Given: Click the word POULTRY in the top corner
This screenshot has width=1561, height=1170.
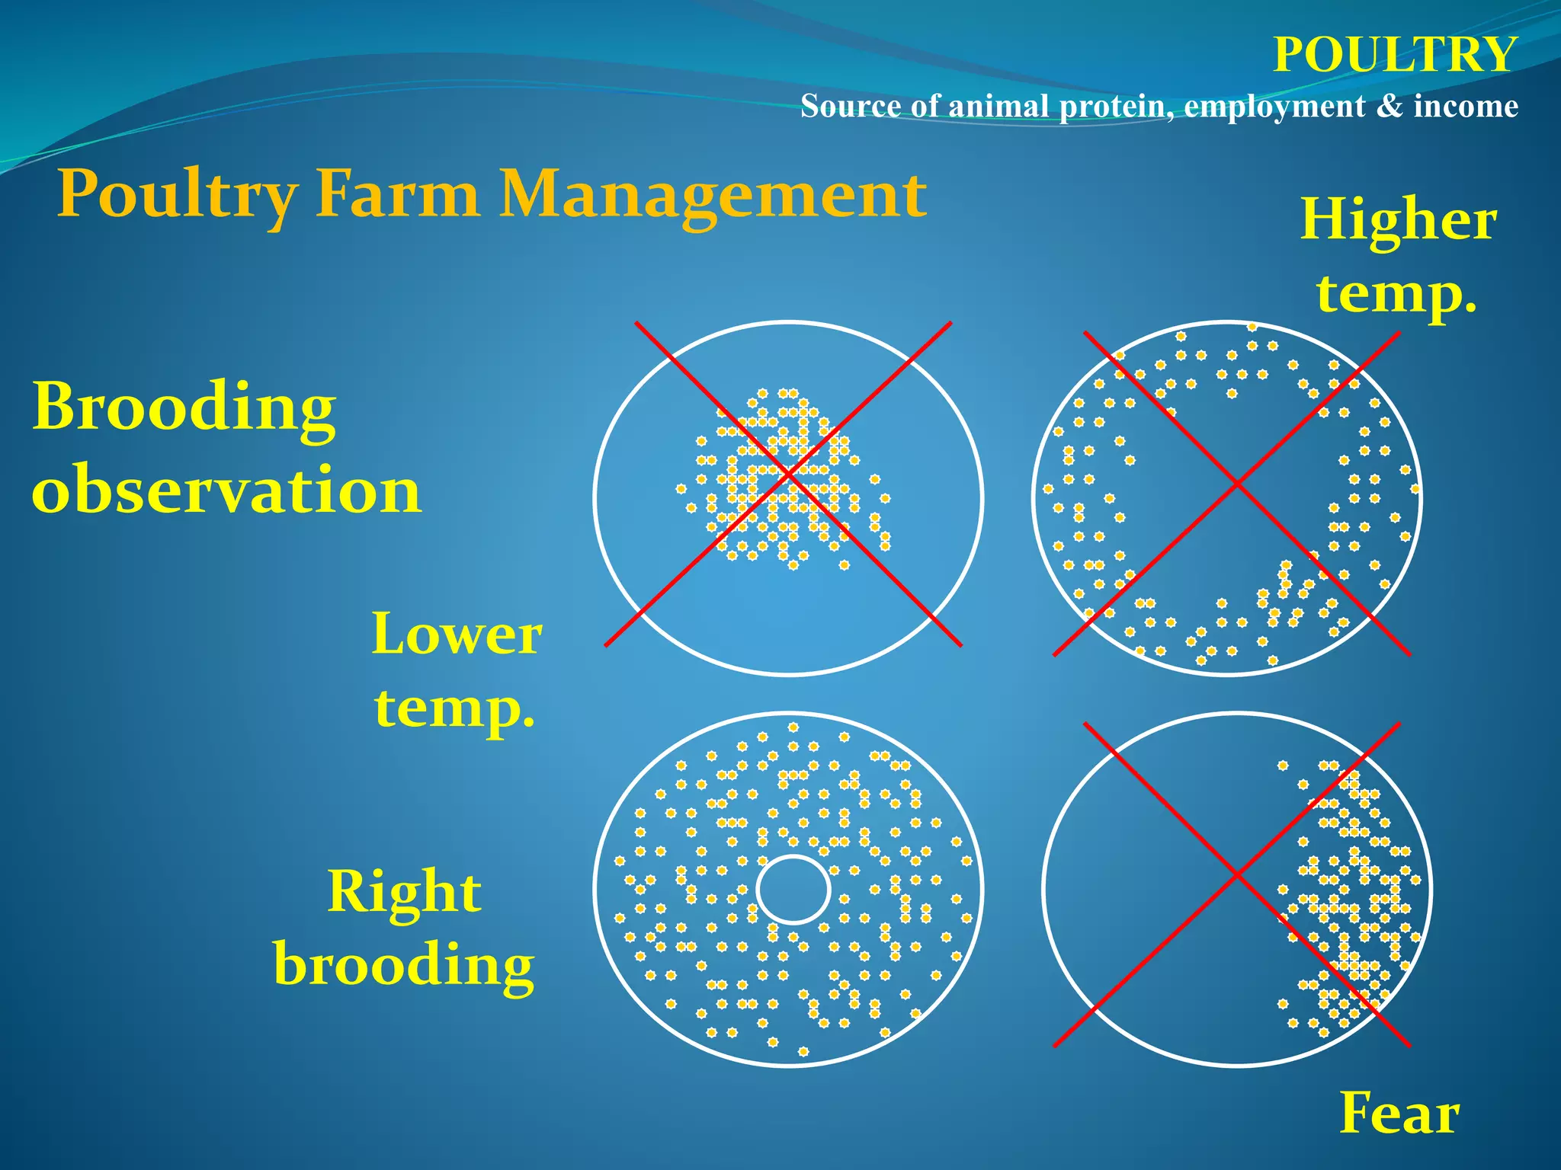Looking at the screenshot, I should (1394, 55).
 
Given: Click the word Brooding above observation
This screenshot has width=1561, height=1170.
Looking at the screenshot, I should (184, 407).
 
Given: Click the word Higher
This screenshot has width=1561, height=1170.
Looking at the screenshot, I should (1399, 220).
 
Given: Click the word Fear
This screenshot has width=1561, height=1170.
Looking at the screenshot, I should (1399, 1114).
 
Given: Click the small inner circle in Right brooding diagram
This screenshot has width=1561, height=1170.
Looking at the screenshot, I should (793, 889).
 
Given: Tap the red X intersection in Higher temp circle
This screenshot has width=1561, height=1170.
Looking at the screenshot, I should (1236, 484).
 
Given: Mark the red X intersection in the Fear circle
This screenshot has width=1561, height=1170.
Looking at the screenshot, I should (1236, 875).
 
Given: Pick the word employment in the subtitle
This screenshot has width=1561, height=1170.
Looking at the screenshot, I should (1274, 106).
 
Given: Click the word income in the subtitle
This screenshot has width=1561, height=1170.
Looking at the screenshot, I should (1465, 106).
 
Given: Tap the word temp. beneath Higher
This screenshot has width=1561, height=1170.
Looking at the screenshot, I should (1396, 293).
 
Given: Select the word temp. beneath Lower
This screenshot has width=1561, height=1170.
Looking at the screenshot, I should (455, 708).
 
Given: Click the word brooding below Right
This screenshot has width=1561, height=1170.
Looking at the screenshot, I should (404, 964).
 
